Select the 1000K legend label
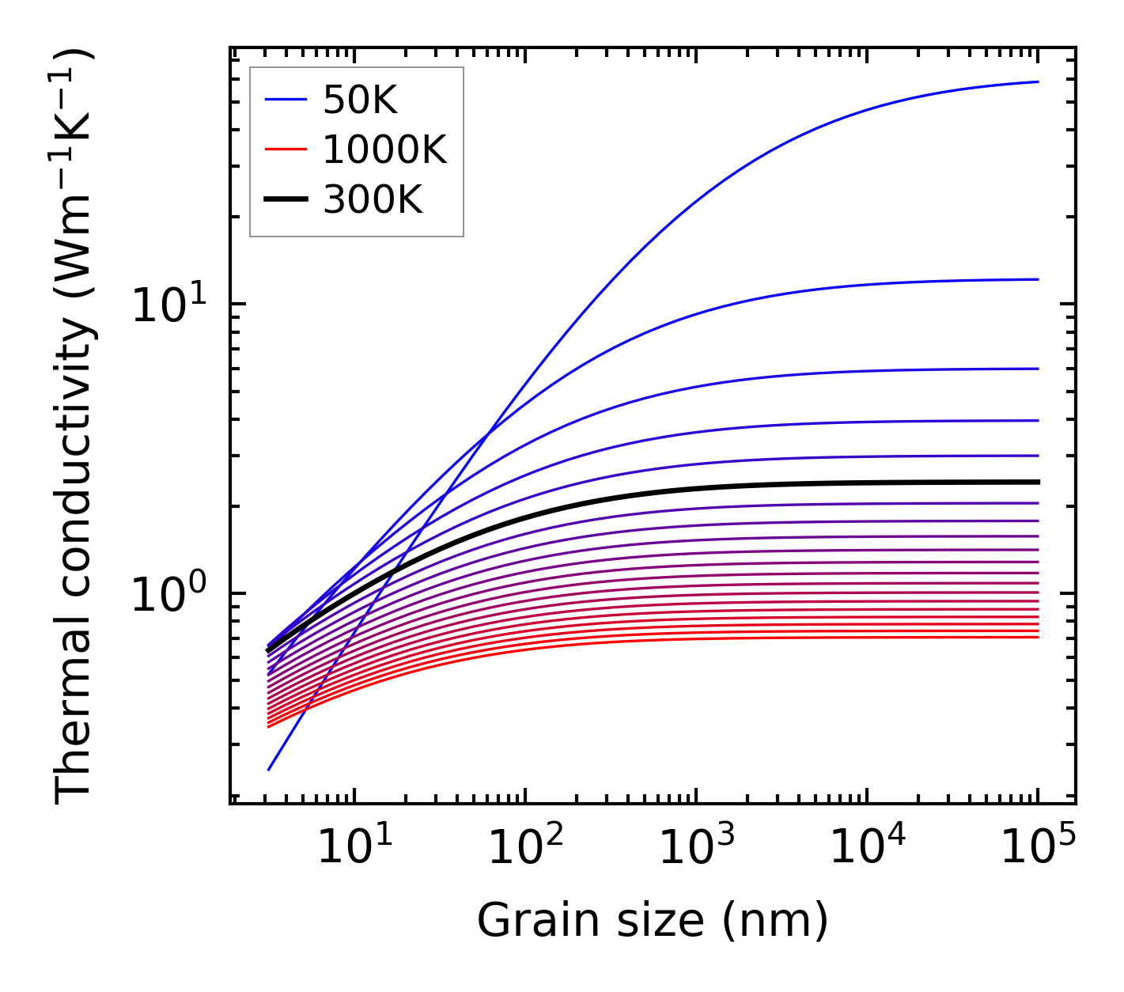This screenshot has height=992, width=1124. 384,150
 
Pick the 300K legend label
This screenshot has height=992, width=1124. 373,200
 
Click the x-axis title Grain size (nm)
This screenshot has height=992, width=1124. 653,922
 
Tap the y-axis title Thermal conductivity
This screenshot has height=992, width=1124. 74,427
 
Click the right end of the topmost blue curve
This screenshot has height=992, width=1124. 1037,81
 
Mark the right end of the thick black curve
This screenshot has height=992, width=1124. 1037,482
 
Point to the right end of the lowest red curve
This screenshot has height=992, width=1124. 1037,637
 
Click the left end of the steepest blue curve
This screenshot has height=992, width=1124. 269,769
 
